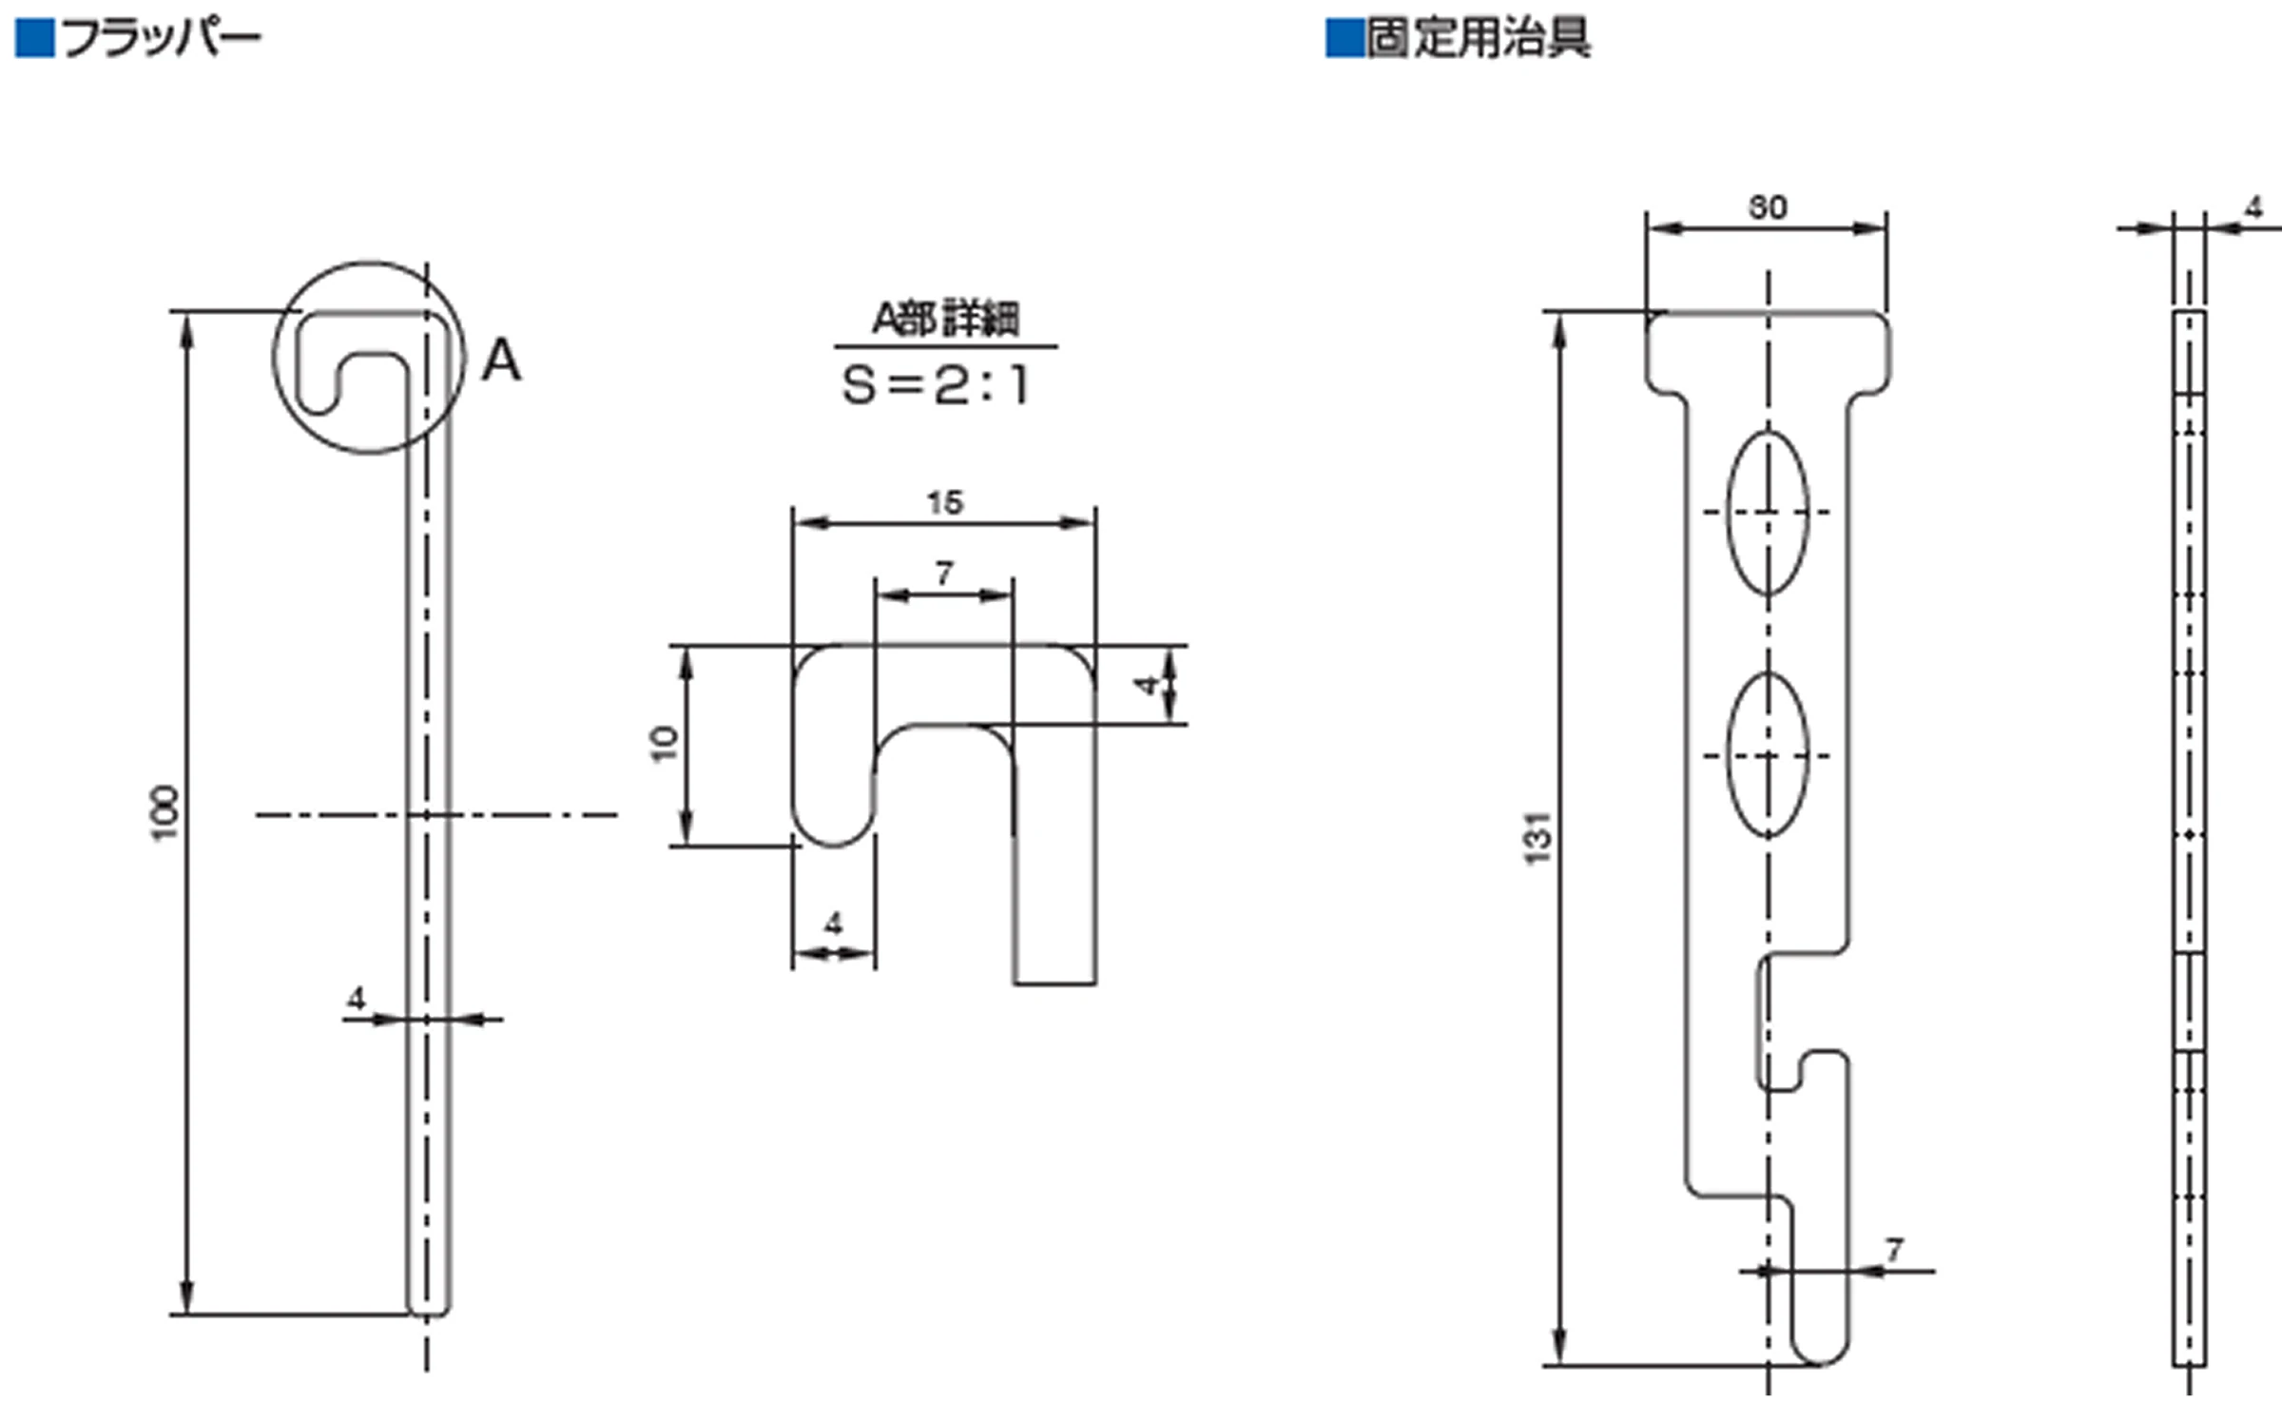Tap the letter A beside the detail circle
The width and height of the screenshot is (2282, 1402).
tap(501, 361)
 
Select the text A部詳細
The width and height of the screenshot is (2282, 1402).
tap(945, 320)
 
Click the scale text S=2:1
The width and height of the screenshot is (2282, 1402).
tap(936, 385)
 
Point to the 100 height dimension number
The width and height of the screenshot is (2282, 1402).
tap(165, 813)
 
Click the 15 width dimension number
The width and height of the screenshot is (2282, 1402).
tap(945, 502)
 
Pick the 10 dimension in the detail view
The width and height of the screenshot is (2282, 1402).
tap(665, 744)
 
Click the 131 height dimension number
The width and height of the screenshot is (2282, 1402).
tap(1537, 838)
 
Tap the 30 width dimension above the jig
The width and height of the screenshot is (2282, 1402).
tap(1768, 207)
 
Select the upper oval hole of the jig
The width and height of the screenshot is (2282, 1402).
tap(1768, 513)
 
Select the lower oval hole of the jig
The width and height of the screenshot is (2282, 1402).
tap(1768, 756)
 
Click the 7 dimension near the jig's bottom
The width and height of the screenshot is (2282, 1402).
tap(1894, 1250)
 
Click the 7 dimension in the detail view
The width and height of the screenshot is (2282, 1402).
tap(943, 574)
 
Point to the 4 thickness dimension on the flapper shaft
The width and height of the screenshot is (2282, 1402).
tap(357, 999)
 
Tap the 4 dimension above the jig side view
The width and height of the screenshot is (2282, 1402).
tap(2253, 207)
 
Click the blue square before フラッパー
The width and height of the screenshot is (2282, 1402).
tap(35, 40)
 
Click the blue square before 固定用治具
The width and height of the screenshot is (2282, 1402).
tap(1344, 40)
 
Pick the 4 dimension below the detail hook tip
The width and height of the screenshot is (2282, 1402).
tap(834, 923)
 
